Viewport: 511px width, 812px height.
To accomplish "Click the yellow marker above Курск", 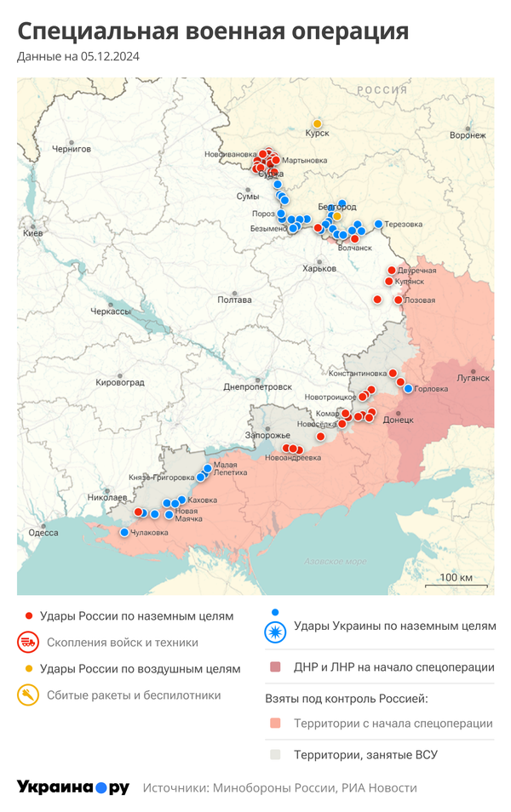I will point(317,123).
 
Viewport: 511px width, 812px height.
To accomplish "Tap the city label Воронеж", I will point(468,135).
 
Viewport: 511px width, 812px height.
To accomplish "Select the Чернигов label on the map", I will point(72,148).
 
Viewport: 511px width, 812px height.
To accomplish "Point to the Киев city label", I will point(33,232).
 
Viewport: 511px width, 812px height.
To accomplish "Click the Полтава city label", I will point(234,300).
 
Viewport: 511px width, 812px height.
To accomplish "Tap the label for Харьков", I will point(319,269).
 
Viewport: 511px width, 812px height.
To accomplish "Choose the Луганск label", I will point(473,378).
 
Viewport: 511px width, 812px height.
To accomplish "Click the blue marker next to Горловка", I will point(408,388).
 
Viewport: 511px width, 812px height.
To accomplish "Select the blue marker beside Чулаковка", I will point(124,533).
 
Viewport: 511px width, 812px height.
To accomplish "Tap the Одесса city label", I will point(43,533).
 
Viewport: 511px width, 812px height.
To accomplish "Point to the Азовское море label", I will point(336,562).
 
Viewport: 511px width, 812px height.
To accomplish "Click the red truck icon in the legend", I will point(28,643).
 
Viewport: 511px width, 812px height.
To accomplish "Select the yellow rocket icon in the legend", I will point(28,695).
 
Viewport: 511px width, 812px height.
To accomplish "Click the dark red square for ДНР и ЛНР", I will point(274,667).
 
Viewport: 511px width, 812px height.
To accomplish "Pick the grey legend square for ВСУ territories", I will point(274,754).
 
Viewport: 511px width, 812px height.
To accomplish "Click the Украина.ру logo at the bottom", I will point(73,787).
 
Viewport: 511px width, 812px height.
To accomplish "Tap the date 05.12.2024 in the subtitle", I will point(111,56).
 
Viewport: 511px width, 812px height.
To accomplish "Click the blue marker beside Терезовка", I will point(378,224).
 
